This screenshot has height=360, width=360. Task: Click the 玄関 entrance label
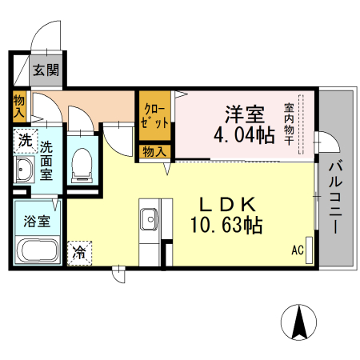point(46,70)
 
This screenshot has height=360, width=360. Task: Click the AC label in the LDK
point(297,250)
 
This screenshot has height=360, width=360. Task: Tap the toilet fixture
point(82,165)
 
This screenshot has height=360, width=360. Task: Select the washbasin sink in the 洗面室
point(24,170)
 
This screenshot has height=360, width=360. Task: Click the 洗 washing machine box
point(26,141)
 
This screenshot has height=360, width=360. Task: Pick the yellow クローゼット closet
point(156,117)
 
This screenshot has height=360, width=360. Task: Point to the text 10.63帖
point(226,226)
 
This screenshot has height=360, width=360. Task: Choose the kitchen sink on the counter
point(148,217)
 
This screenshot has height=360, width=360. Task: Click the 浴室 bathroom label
point(37,221)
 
